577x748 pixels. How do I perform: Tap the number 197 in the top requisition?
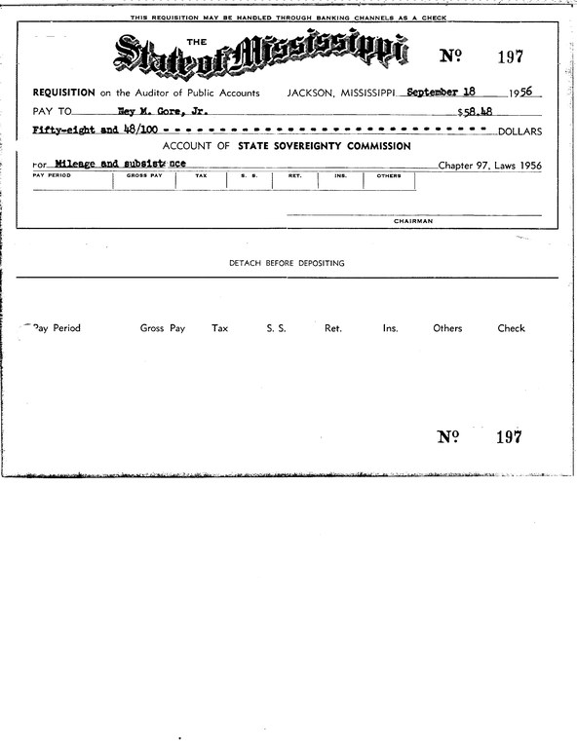point(511,56)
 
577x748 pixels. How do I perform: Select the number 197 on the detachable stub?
point(508,436)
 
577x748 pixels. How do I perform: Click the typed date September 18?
point(440,92)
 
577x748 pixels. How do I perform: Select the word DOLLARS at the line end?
point(519,131)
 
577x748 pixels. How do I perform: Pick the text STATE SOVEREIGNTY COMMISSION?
point(330,146)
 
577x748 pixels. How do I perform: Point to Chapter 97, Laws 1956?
point(489,165)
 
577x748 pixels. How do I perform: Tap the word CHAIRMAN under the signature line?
point(413,221)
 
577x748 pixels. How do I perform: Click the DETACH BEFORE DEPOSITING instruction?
point(287,263)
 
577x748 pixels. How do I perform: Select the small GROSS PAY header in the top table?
point(143,176)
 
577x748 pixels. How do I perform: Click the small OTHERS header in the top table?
point(388,176)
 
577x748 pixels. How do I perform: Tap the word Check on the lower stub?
point(511,328)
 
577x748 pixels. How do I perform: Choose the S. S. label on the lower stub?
point(276,328)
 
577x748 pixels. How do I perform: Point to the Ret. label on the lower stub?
point(332,328)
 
